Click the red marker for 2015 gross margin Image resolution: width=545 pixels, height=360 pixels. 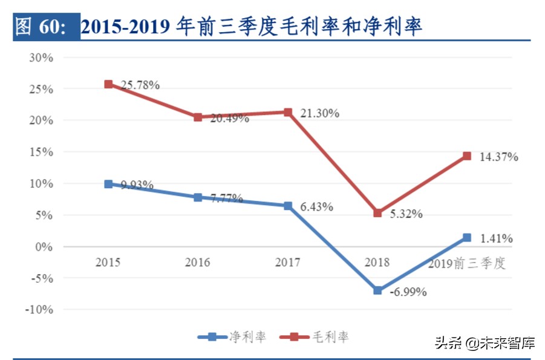point(108,84)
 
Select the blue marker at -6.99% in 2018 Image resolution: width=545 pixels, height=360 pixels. point(377,290)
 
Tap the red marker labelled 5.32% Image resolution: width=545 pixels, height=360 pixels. point(377,213)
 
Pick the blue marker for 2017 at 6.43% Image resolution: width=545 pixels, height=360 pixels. point(288,206)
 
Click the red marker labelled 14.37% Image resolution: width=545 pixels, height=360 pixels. point(467,156)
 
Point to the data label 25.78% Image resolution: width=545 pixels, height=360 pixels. point(140,85)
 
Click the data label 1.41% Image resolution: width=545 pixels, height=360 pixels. point(496,239)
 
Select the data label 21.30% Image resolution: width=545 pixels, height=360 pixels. point(320,113)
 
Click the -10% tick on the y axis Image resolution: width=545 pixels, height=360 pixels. point(39,310)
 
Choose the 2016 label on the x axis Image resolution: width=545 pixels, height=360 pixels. point(198,263)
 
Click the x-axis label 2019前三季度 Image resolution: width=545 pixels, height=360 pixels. point(466,263)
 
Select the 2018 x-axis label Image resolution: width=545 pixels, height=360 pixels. point(377,263)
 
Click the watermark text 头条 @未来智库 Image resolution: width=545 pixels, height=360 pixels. point(485,343)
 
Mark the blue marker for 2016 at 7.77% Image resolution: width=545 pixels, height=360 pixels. point(198,197)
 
